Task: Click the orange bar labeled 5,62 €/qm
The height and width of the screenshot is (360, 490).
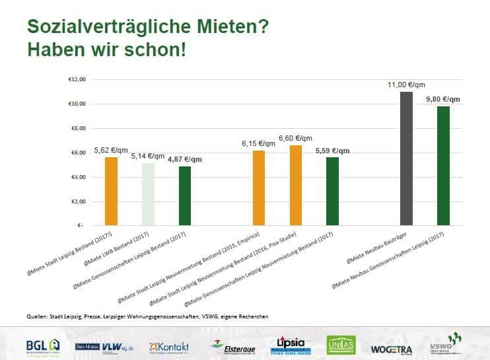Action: pyautogui.click(x=112, y=192)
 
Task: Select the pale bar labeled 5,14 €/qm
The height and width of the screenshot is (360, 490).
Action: pyautogui.click(x=148, y=194)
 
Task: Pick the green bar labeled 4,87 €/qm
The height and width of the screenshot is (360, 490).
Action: pyautogui.click(x=184, y=196)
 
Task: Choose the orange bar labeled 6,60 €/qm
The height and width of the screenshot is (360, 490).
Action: pyautogui.click(x=295, y=186)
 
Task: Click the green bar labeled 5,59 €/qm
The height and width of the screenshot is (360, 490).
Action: pyautogui.click(x=332, y=192)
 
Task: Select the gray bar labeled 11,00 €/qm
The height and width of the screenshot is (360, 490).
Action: pyautogui.click(x=407, y=159)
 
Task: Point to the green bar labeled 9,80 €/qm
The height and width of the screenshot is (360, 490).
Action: pyautogui.click(x=443, y=166)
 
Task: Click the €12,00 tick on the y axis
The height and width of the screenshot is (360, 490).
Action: pyautogui.click(x=77, y=80)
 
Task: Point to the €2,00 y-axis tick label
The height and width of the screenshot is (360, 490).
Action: pyautogui.click(x=78, y=201)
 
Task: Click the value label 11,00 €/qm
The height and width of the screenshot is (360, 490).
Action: pyautogui.click(x=406, y=85)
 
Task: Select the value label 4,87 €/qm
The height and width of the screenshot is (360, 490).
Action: pyautogui.click(x=185, y=159)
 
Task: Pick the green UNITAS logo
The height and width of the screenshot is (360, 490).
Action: pyautogui.click(x=341, y=345)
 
